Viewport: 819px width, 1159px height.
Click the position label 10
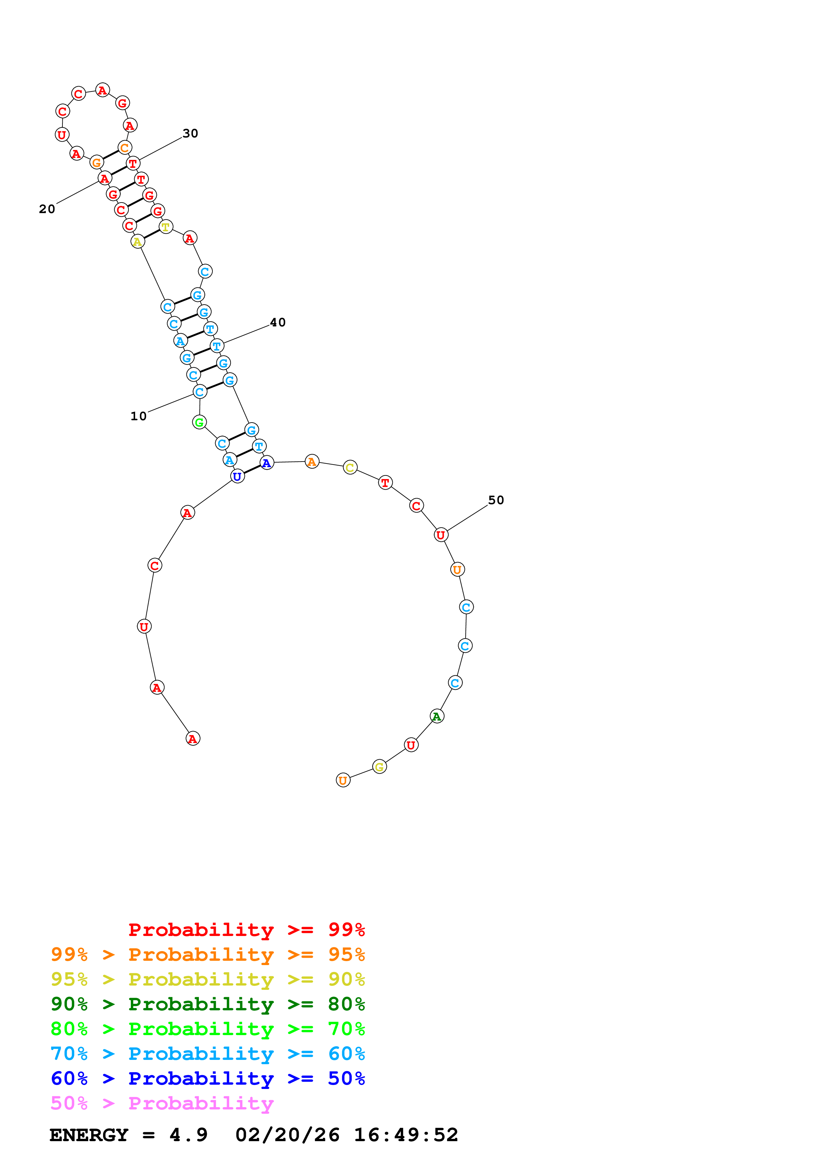click(138, 416)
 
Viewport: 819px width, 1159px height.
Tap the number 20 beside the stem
click(47, 209)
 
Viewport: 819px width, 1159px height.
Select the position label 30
click(190, 133)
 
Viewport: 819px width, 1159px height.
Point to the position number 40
click(278, 322)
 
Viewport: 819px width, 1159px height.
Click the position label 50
click(496, 500)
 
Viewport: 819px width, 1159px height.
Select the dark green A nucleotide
click(437, 716)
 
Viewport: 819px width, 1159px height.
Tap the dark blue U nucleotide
click(237, 476)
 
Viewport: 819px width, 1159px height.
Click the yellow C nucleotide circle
click(350, 467)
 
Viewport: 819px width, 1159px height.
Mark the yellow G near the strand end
click(380, 767)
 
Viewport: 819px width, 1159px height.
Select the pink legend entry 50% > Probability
click(162, 1103)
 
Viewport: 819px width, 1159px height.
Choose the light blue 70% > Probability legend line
click(207, 1054)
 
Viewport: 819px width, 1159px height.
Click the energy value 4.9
click(188, 1135)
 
